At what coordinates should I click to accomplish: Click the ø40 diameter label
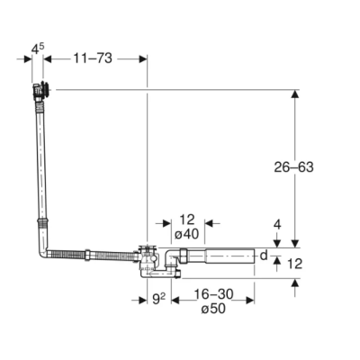(x=185, y=234)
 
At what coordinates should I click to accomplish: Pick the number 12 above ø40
(x=185, y=220)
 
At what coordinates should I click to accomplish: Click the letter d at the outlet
(x=264, y=256)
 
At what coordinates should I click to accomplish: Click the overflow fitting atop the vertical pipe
(x=41, y=90)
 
